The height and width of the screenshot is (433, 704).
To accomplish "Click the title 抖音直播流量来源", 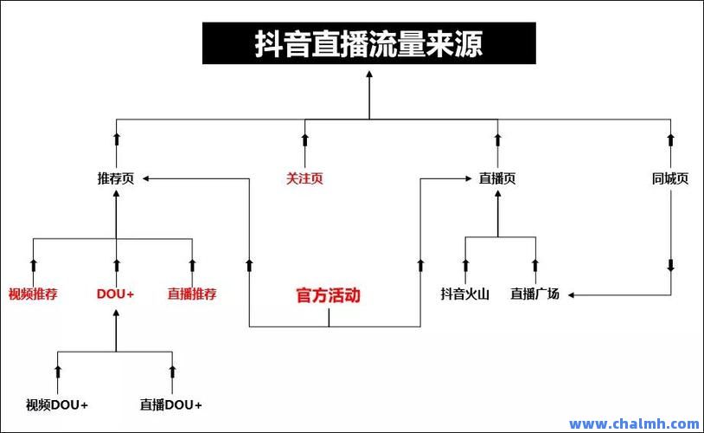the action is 368,43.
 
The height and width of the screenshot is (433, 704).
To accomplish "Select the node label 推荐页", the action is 116,178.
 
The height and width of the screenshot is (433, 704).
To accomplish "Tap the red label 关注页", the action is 304,178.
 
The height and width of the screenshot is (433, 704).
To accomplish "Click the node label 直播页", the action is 497,178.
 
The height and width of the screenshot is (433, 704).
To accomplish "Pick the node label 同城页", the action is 670,178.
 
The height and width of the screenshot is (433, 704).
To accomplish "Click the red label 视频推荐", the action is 33,294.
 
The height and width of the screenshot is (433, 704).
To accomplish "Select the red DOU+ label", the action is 115,294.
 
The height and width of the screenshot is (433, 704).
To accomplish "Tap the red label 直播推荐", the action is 192,294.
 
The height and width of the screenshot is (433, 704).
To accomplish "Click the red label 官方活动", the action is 329,295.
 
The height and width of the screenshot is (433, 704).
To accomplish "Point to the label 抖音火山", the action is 465,294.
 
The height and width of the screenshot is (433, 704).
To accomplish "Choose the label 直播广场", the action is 535,294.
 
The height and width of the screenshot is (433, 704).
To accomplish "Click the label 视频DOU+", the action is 57,405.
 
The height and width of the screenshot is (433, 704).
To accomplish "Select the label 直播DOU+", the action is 171,405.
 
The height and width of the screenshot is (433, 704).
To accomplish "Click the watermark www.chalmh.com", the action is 634,423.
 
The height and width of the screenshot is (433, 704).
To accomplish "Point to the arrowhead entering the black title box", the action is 369,74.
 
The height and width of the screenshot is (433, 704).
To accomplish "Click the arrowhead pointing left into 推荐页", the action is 146,178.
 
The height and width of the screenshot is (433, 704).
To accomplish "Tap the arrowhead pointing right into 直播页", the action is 468,178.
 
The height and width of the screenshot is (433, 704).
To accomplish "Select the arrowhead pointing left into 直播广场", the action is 571,295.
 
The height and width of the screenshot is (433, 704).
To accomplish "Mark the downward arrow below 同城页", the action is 671,265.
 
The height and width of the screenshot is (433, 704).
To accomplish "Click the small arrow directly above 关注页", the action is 304,139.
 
